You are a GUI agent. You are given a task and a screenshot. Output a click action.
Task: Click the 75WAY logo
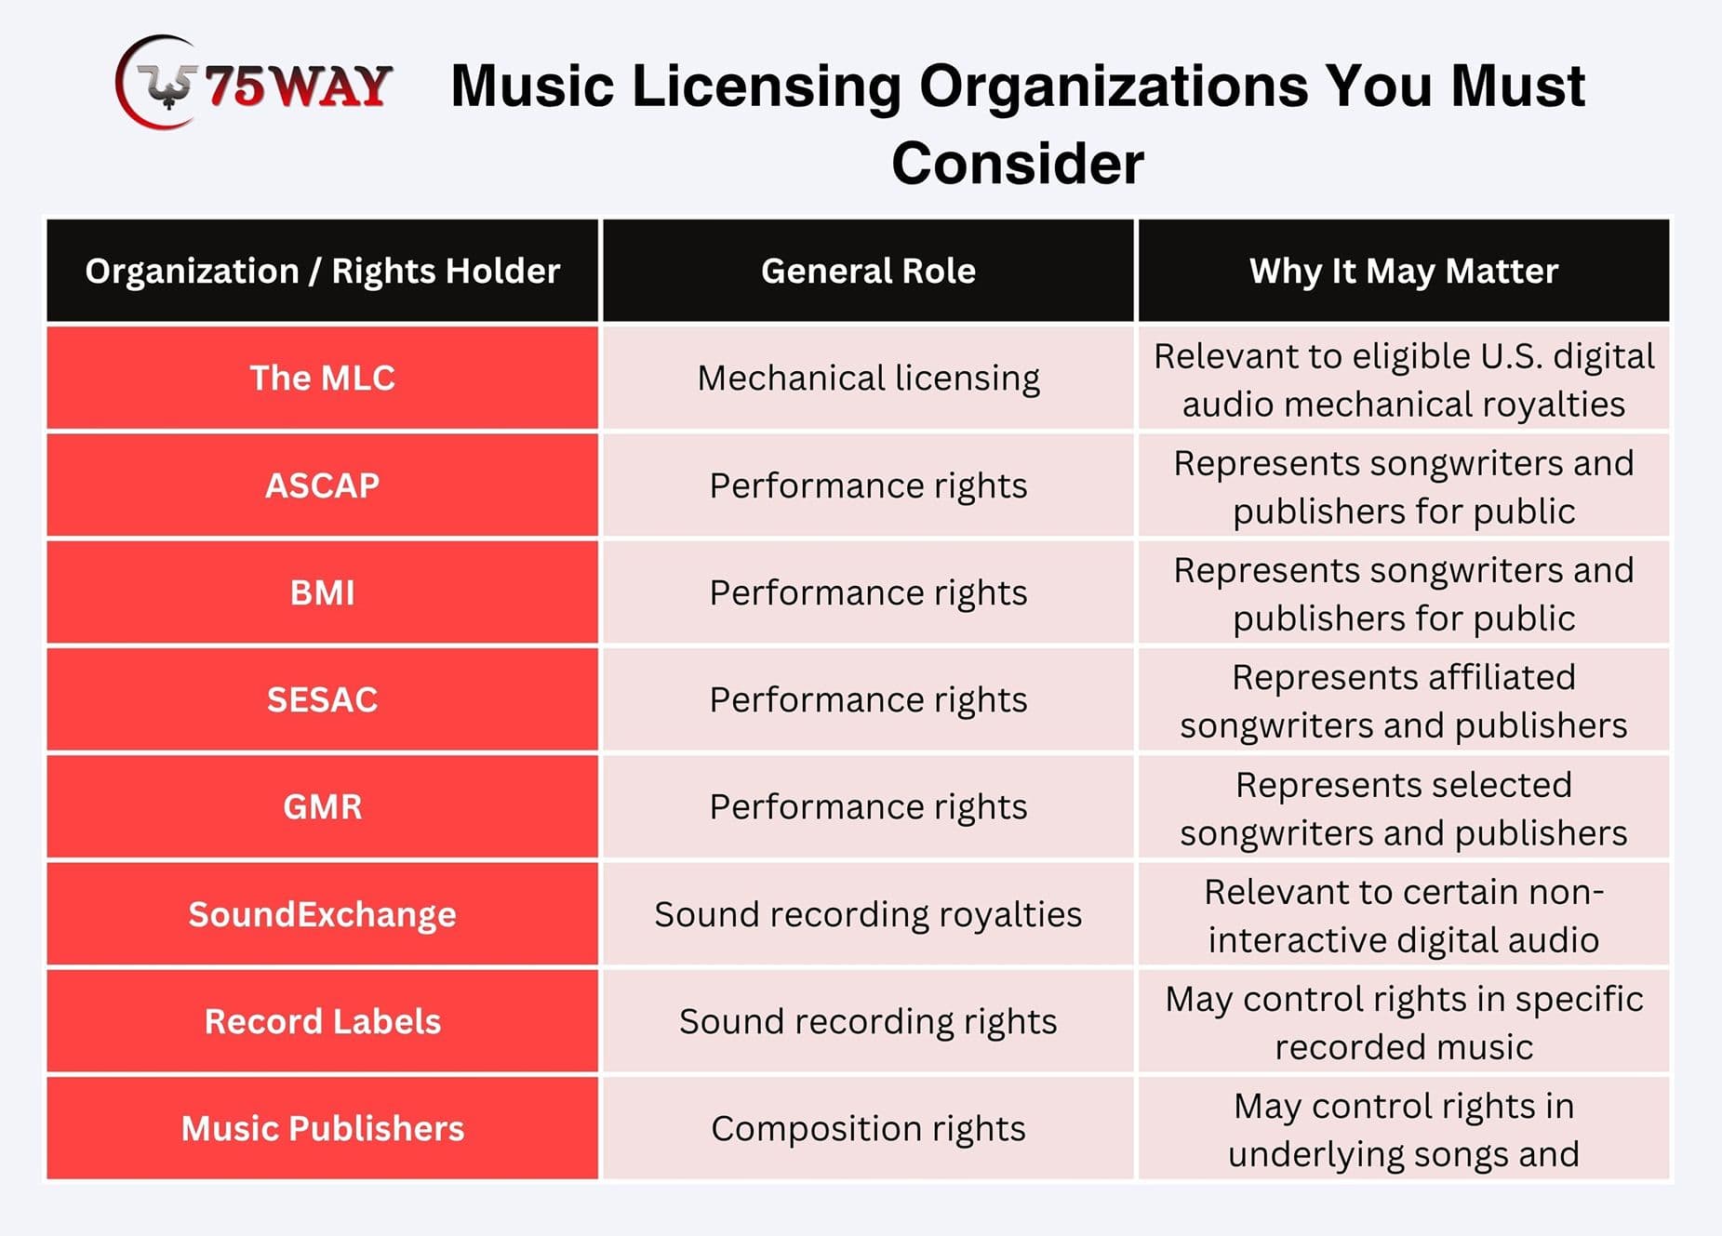tap(253, 83)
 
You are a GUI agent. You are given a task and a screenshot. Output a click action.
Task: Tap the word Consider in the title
tap(1018, 164)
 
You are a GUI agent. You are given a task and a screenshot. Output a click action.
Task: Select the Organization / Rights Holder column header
tap(322, 271)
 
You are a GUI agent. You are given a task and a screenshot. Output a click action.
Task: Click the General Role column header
tap(868, 271)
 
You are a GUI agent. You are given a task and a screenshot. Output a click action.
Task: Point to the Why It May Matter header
tap(1404, 271)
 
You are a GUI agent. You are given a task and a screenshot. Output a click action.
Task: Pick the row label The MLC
tap(322, 378)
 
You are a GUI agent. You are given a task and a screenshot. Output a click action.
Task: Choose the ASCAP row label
tap(322, 485)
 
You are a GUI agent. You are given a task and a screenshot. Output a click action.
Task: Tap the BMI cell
tap(322, 592)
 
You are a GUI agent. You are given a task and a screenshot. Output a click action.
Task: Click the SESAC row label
tap(322, 699)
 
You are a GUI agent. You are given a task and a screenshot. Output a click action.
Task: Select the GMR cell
tap(322, 806)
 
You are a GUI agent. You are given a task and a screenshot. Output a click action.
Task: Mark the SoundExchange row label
tap(322, 914)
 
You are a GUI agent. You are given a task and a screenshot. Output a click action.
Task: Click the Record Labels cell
tap(322, 1021)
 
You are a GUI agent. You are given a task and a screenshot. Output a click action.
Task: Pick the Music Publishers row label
tap(322, 1128)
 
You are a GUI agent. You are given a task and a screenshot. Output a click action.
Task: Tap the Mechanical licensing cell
tap(868, 378)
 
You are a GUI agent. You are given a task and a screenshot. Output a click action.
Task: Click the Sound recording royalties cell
tap(868, 914)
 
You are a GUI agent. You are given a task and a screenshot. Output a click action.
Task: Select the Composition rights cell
tap(868, 1128)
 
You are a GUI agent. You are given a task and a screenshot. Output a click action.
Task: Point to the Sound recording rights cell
tap(868, 1021)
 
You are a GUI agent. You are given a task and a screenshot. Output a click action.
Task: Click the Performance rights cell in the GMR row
tap(868, 806)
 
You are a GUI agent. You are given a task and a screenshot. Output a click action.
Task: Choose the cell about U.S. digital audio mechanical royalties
tap(1404, 378)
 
